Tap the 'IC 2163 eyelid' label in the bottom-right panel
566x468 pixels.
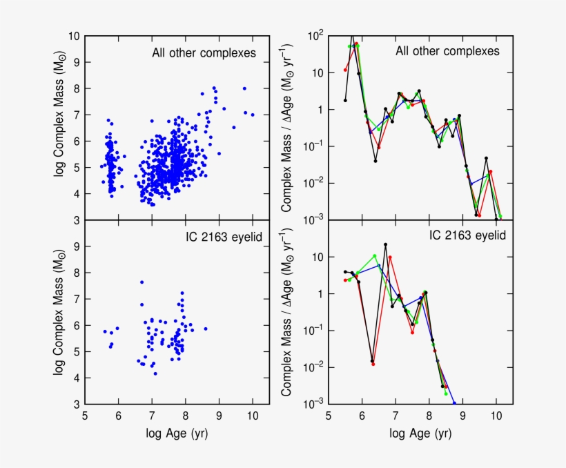pyautogui.click(x=467, y=235)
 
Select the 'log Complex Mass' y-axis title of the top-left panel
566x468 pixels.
pyautogui.click(x=60, y=128)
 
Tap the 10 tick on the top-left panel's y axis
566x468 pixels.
pyautogui.click(x=73, y=36)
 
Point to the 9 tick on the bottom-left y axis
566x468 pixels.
pyautogui.click(x=76, y=246)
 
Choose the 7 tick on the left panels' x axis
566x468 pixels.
pyautogui.click(x=152, y=416)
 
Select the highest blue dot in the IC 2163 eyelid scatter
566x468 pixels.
pyautogui.click(x=141, y=282)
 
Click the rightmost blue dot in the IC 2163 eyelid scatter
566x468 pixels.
pyautogui.click(x=206, y=329)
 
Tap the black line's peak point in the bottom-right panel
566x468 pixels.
pyautogui.click(x=385, y=244)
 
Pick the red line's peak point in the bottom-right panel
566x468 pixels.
pyautogui.click(x=390, y=257)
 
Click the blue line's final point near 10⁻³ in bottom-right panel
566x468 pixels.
pyautogui.click(x=454, y=403)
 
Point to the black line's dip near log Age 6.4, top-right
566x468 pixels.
pyautogui.click(x=375, y=161)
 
